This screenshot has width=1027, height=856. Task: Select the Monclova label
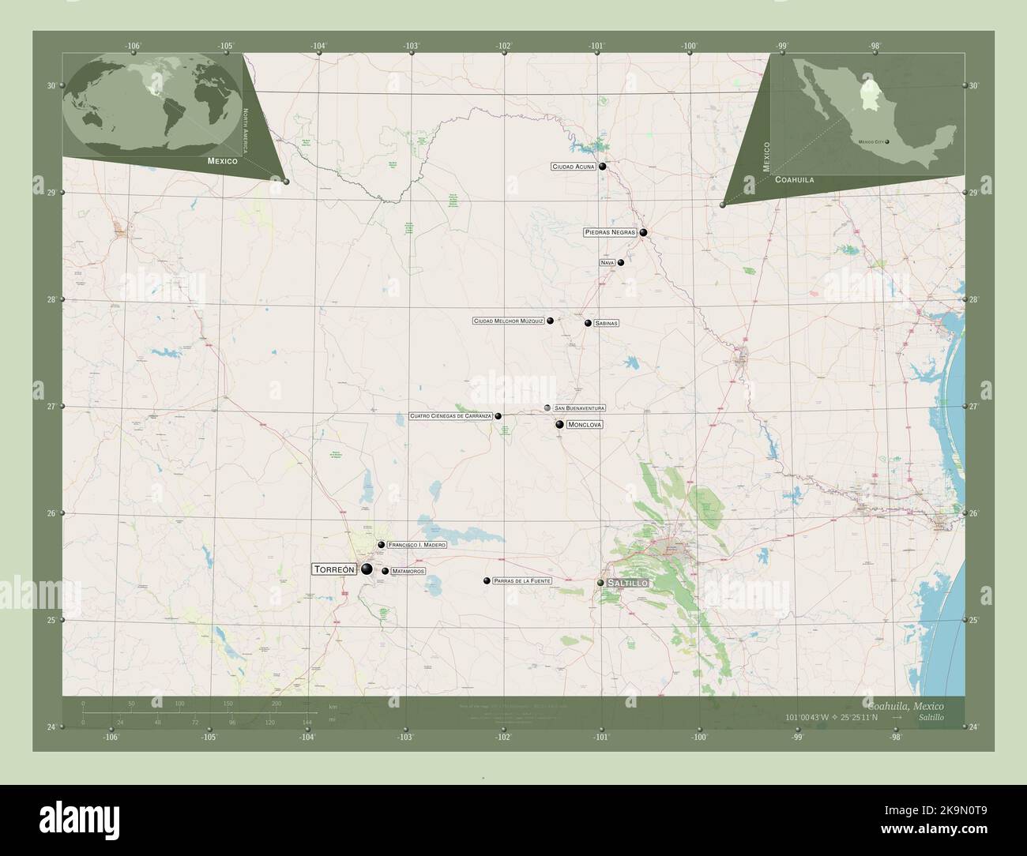pos(585,425)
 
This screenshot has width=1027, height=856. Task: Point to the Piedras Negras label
pos(610,233)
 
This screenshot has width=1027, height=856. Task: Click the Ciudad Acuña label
pos(574,167)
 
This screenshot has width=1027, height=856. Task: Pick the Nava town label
pos(607,263)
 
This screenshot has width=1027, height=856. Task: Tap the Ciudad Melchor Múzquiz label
pos(509,321)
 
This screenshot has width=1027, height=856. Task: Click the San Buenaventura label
pos(580,408)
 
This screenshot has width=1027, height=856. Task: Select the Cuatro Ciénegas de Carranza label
pos(451,416)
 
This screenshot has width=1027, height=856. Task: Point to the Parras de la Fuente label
pos(522,581)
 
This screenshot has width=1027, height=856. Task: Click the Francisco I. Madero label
pos(418,546)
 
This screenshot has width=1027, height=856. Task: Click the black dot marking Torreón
pos(367,569)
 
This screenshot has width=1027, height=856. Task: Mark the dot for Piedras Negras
pos(644,233)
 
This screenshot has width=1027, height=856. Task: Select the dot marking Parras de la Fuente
pos(487,580)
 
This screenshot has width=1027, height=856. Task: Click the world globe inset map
pos(154,103)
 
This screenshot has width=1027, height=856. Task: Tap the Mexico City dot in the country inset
pos(887,142)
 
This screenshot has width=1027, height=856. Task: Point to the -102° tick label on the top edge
pos(504,46)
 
